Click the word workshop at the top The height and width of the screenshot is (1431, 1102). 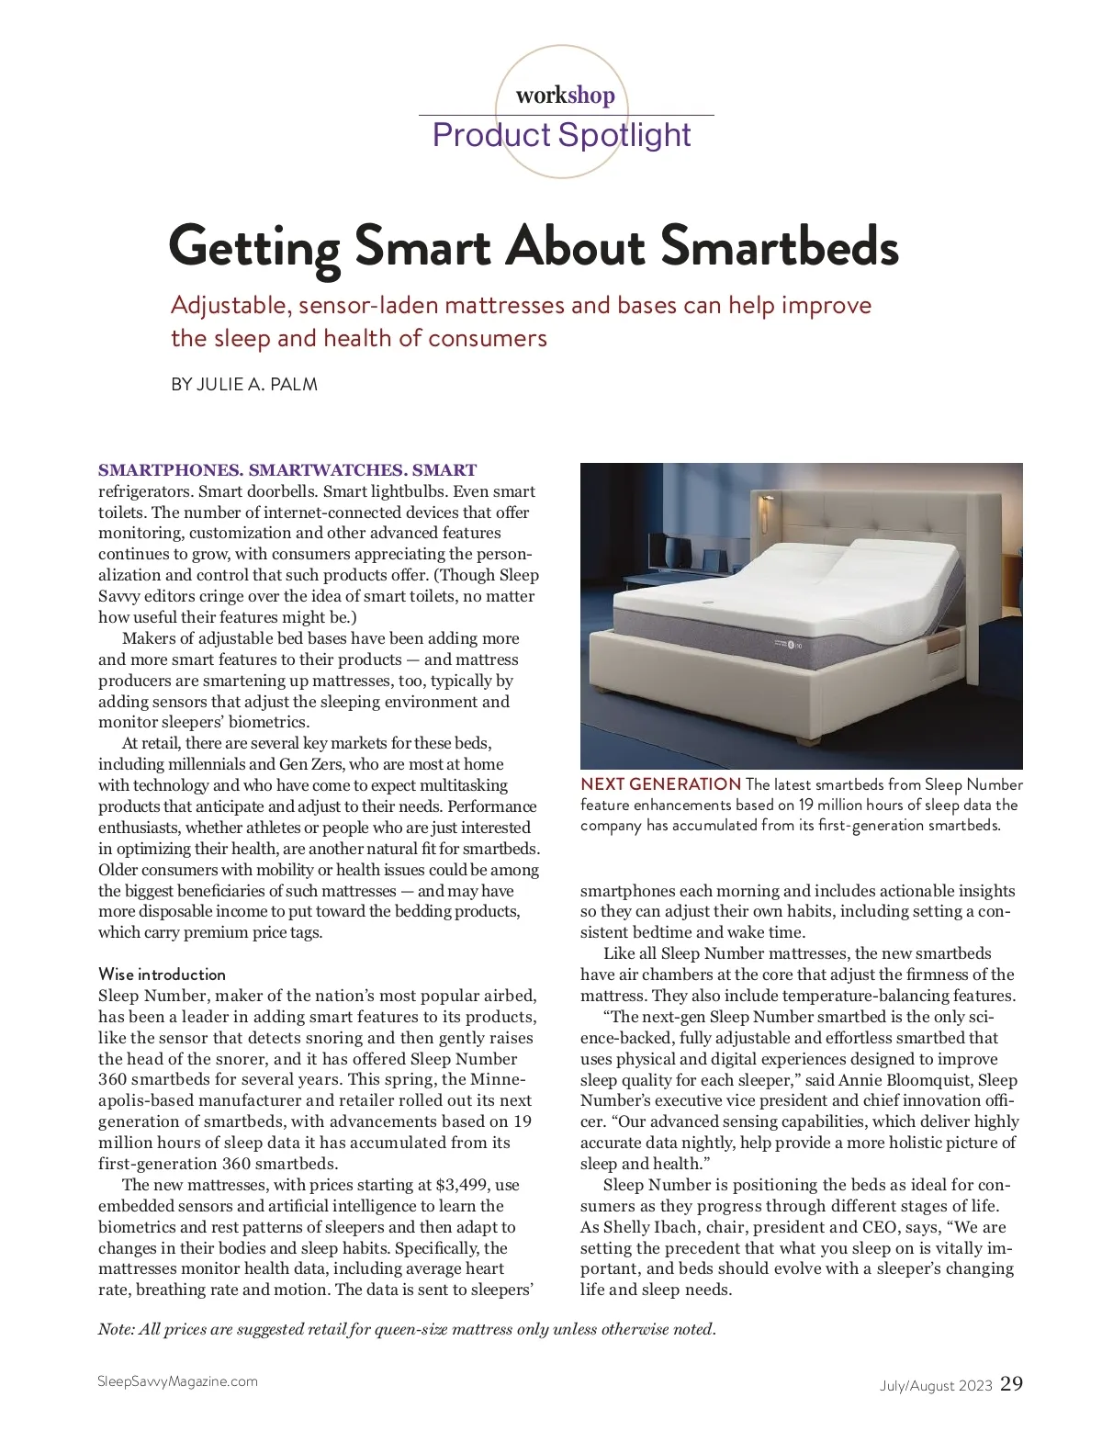[565, 96]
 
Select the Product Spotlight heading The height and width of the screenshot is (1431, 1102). [561, 135]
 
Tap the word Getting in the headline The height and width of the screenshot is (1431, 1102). [254, 247]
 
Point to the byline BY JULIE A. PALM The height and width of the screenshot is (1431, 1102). [244, 385]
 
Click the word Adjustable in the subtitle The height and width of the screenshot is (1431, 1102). [230, 305]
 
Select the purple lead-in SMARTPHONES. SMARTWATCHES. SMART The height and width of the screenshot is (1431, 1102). [287, 471]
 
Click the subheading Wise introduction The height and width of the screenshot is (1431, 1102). [162, 975]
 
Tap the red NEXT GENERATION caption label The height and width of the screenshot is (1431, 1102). [660, 784]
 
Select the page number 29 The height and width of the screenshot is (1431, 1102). [1011, 1383]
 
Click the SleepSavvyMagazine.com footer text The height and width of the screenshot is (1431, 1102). [177, 1381]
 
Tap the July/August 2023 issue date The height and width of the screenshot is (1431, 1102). [936, 1386]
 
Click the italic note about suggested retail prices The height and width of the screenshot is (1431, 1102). [406, 1329]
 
